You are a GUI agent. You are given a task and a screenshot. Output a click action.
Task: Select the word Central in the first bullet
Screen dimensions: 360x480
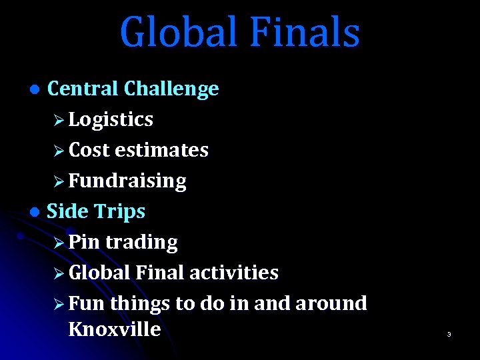83,89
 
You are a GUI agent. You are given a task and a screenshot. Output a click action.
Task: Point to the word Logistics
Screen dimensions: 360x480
111,120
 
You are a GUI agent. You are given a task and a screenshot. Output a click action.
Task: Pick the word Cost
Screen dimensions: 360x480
89,150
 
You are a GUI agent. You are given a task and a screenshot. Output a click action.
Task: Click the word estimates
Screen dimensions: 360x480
161,150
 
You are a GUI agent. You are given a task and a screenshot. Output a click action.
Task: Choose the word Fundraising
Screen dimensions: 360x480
127,181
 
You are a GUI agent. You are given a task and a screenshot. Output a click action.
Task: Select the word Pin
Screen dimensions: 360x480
84,242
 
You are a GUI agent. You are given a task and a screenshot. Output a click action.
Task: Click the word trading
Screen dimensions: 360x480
141,243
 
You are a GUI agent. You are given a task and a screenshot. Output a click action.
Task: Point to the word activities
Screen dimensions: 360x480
233,273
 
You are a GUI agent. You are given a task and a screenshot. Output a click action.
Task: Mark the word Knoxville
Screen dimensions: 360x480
114,329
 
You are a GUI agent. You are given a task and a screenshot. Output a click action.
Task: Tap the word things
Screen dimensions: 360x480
140,304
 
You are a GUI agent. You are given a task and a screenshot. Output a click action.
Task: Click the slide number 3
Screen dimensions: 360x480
449,334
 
